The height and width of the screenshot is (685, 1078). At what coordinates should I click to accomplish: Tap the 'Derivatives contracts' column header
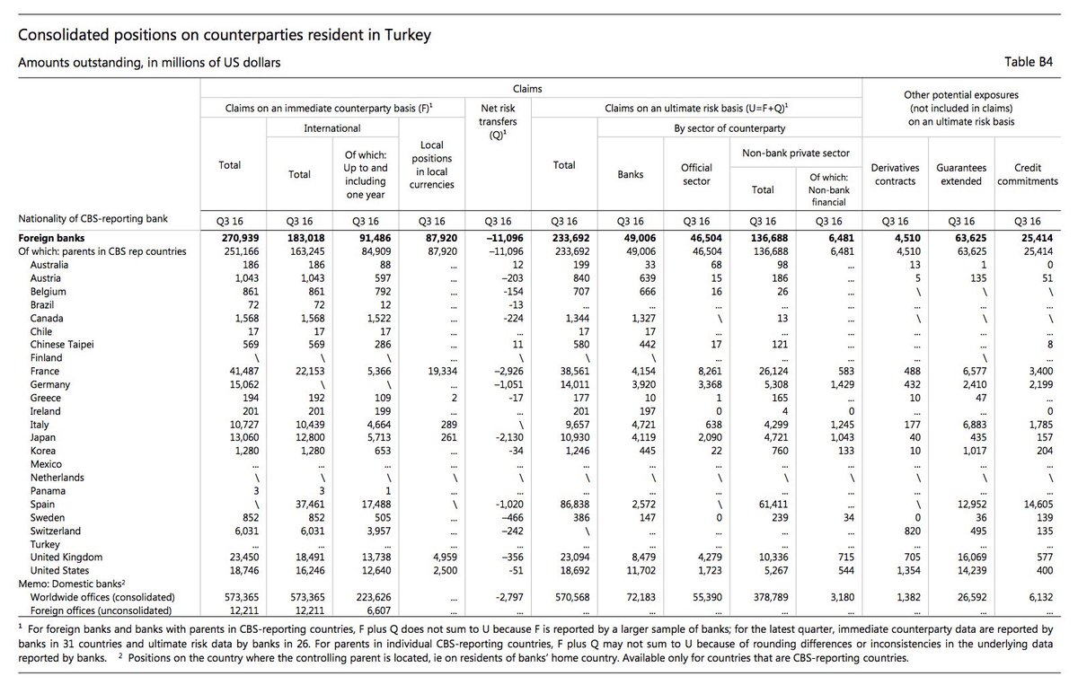coord(894,174)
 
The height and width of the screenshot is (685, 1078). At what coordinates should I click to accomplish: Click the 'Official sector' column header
coord(696,174)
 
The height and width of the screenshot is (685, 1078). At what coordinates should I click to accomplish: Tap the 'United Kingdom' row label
coord(67,557)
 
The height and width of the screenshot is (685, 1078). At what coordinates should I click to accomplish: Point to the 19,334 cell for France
coord(437,371)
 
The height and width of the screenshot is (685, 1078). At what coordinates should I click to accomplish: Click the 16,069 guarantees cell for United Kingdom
coord(961,557)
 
